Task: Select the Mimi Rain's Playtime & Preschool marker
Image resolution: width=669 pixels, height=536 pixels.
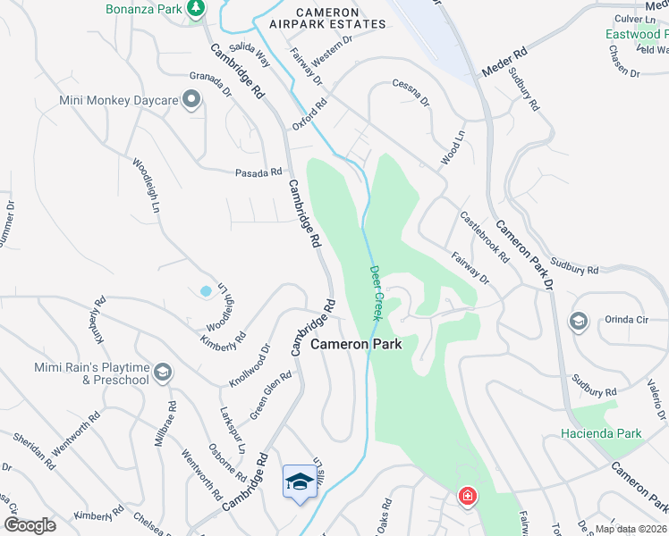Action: [162, 373]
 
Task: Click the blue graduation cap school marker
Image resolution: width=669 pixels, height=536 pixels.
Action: [298, 482]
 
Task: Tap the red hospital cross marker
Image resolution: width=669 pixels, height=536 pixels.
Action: [467, 497]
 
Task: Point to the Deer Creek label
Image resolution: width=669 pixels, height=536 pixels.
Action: [377, 292]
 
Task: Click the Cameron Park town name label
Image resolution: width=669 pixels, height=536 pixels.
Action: [356, 343]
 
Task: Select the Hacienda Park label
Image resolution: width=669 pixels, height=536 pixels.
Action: [601, 433]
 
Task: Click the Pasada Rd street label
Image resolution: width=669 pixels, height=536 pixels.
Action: [258, 172]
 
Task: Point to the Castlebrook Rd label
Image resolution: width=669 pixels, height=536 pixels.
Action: [484, 237]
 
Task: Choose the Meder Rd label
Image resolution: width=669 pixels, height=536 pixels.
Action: [505, 63]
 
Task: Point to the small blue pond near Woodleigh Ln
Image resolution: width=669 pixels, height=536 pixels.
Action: [207, 291]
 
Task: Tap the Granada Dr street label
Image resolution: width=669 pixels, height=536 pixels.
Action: [211, 85]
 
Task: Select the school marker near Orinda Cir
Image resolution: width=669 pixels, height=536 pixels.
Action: [578, 321]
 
